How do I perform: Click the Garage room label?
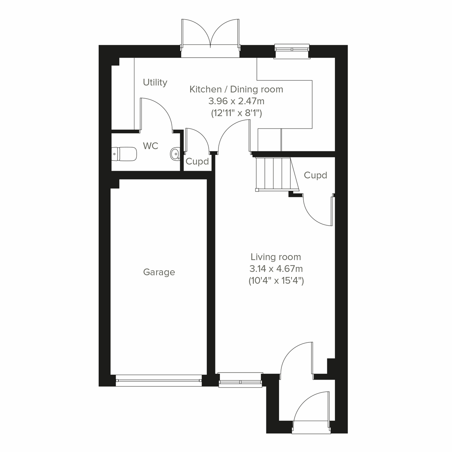[159, 272]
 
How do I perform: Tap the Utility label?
[155, 82]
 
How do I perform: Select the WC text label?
[151, 146]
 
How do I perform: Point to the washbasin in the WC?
[175, 154]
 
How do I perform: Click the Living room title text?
[276, 257]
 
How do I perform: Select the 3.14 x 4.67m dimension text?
[276, 269]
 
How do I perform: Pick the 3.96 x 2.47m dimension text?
[236, 101]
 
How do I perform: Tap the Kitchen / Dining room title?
[236, 90]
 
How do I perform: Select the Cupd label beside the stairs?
[315, 175]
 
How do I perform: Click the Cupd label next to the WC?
[197, 162]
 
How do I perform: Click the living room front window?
[240, 380]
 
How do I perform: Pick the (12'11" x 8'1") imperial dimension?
[236, 113]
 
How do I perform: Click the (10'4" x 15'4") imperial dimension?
[276, 281]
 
